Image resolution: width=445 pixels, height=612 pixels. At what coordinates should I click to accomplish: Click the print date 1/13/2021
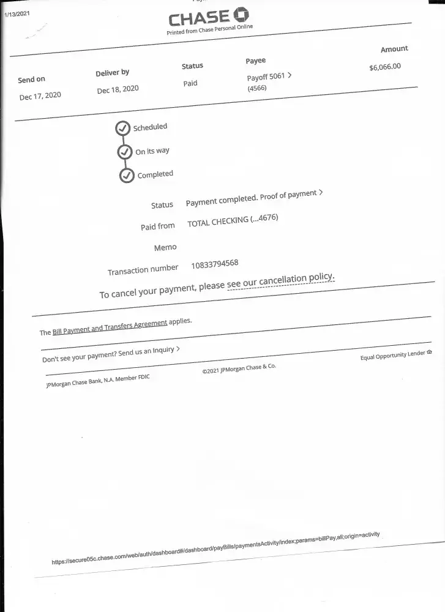coord(17,13)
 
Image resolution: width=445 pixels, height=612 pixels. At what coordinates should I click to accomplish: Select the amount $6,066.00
coord(385,67)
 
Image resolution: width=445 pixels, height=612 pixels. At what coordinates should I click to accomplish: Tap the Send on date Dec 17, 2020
coord(40,96)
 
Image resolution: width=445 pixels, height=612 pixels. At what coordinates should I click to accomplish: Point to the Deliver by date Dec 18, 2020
coord(118,89)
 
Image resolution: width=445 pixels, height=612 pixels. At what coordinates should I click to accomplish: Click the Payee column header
coord(256,61)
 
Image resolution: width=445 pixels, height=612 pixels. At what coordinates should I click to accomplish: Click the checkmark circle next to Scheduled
coord(122,128)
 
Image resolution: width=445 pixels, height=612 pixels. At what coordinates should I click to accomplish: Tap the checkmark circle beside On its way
coord(125,151)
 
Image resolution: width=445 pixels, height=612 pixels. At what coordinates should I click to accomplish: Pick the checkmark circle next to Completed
coord(127,176)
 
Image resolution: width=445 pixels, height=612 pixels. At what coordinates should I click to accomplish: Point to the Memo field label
coord(165,247)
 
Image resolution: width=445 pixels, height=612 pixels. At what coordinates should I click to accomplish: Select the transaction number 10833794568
coord(215,264)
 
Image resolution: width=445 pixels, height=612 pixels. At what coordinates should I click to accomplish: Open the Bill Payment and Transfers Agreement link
coord(110,327)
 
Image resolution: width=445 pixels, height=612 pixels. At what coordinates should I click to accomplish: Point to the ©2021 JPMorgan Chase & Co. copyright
coord(239,368)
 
